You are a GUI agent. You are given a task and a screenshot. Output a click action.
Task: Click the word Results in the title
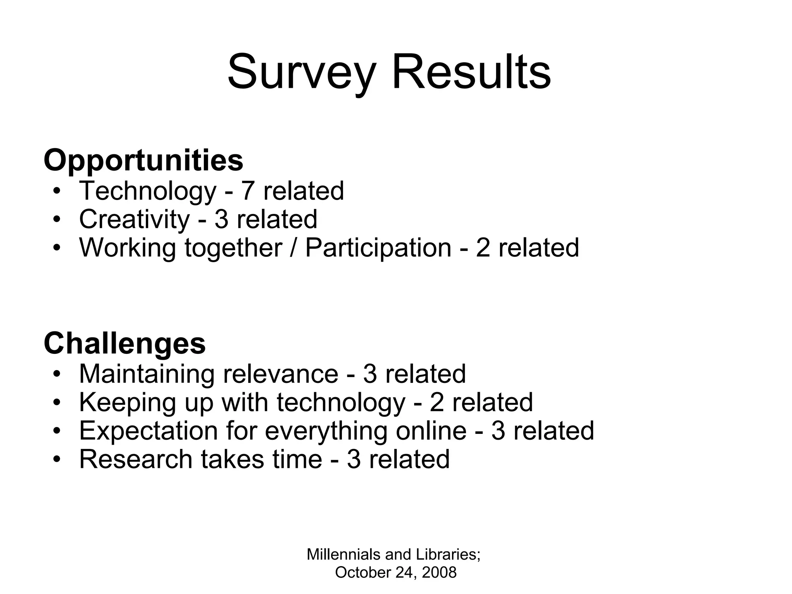[x=471, y=73]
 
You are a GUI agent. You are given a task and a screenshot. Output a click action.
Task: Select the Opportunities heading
[x=143, y=160]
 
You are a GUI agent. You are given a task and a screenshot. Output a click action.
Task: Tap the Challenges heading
[x=125, y=343]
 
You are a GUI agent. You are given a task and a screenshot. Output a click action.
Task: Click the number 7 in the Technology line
[x=248, y=191]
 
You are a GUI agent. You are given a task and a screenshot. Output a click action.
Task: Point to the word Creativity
[x=134, y=219]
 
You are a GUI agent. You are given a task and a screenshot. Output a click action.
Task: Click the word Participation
[x=378, y=248]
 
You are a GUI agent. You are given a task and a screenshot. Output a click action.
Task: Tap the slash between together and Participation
[x=294, y=248]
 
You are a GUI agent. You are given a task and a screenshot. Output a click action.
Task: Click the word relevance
[x=280, y=374]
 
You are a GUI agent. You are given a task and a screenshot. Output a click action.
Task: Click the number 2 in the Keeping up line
[x=437, y=403]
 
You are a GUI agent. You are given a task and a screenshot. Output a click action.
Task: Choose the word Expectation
[x=148, y=431]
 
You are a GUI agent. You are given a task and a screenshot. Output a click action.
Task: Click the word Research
[x=136, y=459]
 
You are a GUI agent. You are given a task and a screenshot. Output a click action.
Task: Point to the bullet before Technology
[x=57, y=191]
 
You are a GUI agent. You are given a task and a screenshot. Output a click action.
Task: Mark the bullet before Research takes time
[x=57, y=460]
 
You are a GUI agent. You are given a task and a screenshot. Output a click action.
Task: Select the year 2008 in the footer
[x=439, y=573]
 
